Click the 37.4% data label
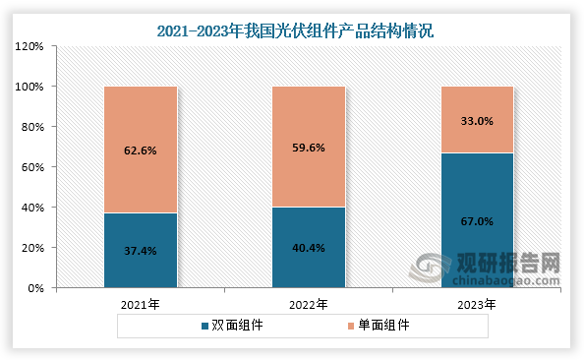pos(141,251)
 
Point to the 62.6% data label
pos(141,150)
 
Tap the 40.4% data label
pos(309,248)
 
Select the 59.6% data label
pos(309,148)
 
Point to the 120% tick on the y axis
pos(29,46)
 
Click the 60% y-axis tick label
pos(32,167)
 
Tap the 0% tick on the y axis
pos(35,288)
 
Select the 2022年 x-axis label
pos(309,305)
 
